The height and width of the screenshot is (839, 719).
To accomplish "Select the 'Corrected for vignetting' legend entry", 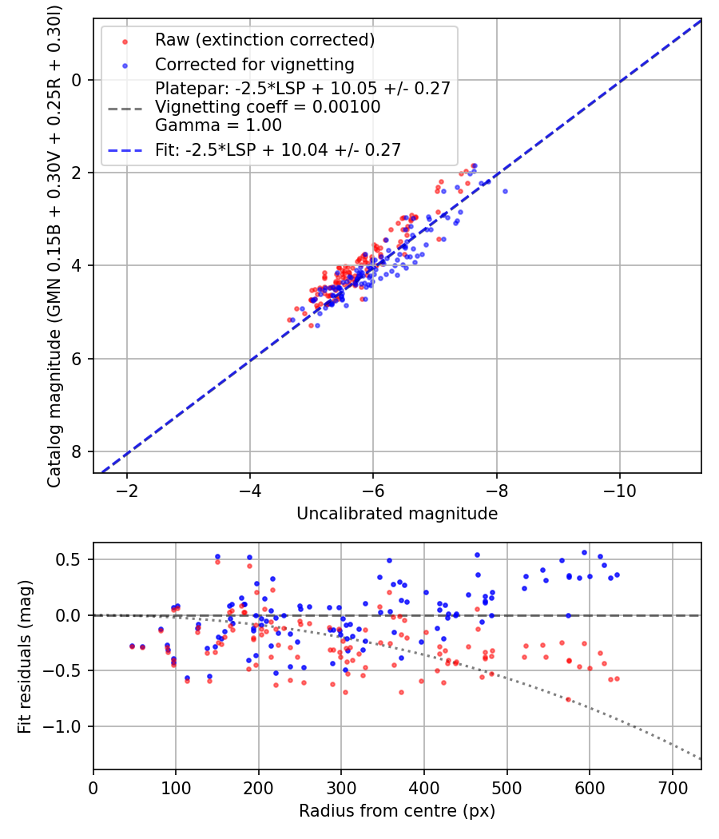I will pos(254,64).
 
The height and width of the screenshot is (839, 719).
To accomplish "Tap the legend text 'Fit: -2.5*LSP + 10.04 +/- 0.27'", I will pos(277,149).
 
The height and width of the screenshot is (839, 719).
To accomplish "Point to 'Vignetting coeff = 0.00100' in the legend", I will pos(268,107).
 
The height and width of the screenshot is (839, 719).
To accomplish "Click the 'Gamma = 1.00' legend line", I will pos(218,125).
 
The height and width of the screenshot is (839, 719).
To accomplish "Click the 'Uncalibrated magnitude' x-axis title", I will pos(397,514).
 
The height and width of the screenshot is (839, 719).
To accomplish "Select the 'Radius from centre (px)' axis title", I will pos(397,811).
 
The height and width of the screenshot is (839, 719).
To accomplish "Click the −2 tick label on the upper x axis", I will pos(126,489).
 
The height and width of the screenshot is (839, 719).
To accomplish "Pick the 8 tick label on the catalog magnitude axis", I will pos(77,451).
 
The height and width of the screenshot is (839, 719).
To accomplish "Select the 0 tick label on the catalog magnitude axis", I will pos(77,80).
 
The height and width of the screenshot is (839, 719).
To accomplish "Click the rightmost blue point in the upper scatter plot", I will pos(505,191).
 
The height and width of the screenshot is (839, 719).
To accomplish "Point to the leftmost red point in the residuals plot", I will pos(132,646).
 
